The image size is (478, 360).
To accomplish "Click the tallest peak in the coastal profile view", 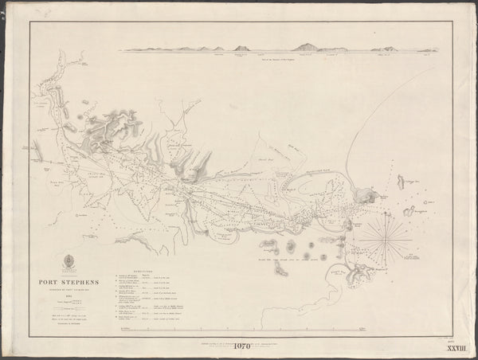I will [306, 47].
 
